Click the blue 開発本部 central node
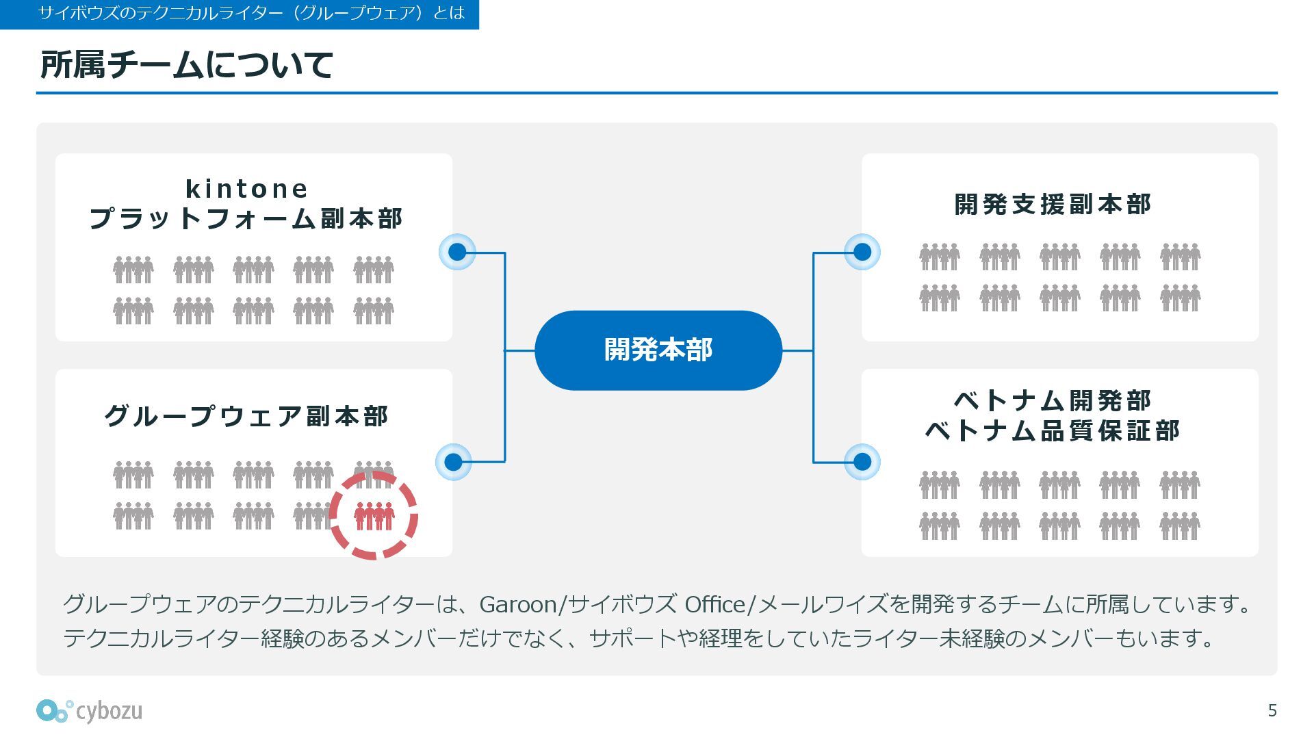[x=658, y=350]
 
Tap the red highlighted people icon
[x=374, y=516]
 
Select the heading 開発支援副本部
[x=1053, y=204]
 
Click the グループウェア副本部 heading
[x=246, y=416]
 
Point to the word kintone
[x=246, y=188]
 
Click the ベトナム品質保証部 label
[x=1053, y=431]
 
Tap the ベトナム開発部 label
[x=1053, y=400]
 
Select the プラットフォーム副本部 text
[x=246, y=219]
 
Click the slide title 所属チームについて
[x=186, y=65]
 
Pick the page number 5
[x=1272, y=710]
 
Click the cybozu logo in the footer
[x=90, y=711]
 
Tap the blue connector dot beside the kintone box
[x=457, y=252]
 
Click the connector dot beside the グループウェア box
[x=453, y=462]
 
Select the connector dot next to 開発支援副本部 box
[x=862, y=252]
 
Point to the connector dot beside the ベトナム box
[x=862, y=462]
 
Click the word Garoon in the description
[x=518, y=604]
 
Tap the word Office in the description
[x=714, y=604]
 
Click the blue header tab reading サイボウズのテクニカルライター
[x=239, y=14]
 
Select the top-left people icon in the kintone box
[x=133, y=269]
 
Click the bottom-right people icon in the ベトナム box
[x=1180, y=526]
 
